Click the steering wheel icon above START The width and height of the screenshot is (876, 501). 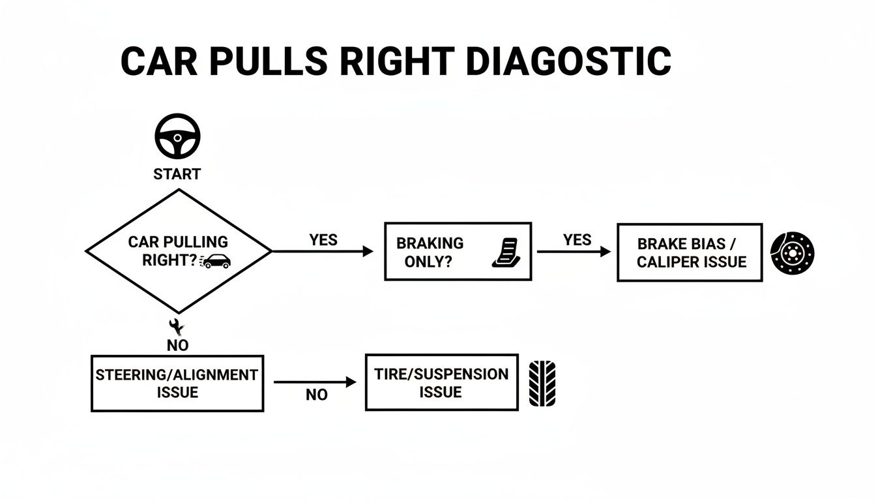(177, 138)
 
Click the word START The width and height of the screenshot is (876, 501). (177, 174)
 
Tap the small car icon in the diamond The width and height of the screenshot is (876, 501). (216, 261)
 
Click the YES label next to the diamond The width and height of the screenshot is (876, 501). (323, 240)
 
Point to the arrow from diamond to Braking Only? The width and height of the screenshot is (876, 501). (322, 251)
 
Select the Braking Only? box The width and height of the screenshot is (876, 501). (457, 251)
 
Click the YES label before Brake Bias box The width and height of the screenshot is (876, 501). (577, 240)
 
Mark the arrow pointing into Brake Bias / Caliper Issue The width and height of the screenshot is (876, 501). (574, 251)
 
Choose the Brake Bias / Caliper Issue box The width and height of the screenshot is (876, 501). (689, 252)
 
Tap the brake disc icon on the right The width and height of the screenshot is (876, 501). (793, 252)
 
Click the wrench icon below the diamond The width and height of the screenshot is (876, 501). (177, 326)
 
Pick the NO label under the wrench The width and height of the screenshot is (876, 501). (177, 346)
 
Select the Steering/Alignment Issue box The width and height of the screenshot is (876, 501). (177, 384)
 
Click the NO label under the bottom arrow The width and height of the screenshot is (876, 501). (317, 395)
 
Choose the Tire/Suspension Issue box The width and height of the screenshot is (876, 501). (441, 383)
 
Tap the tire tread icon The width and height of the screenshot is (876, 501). (542, 384)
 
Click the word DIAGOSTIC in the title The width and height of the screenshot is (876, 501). (568, 62)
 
